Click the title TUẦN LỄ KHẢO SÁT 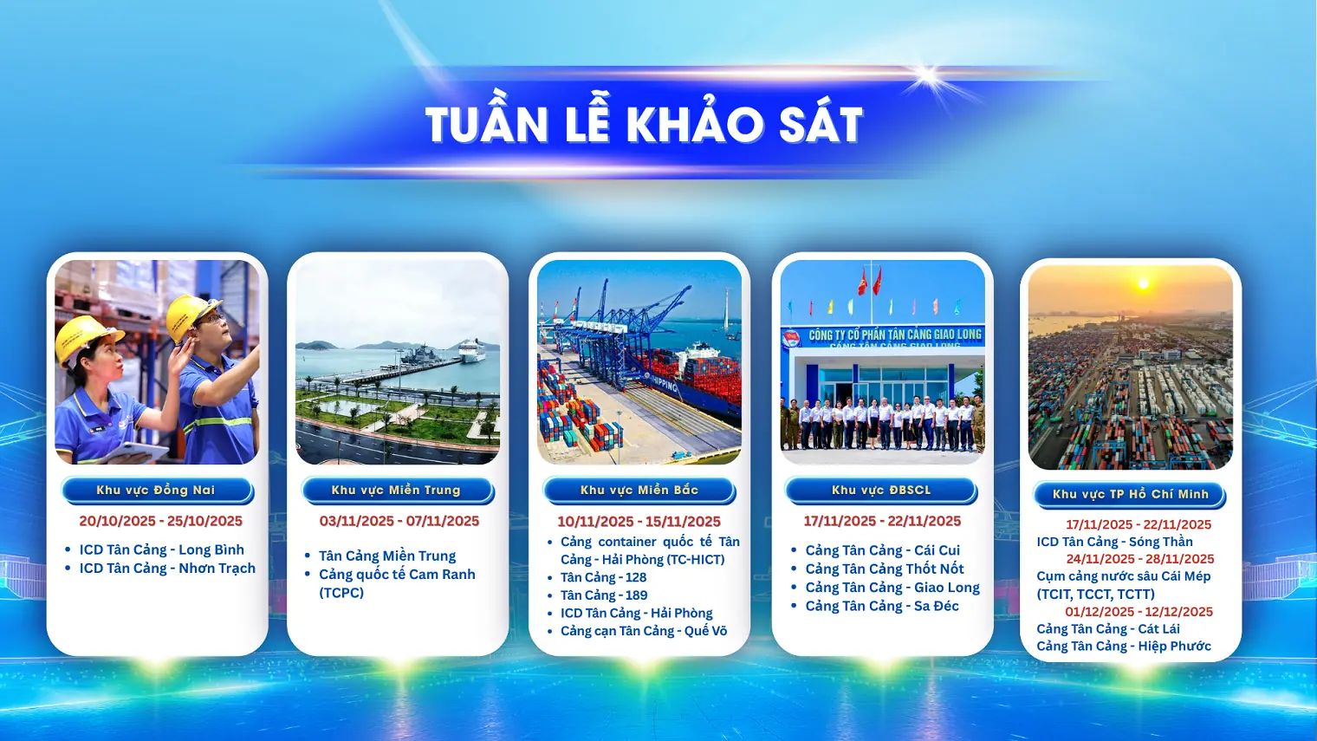tap(644, 124)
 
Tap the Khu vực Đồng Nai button tap(157, 491)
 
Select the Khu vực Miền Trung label tap(397, 491)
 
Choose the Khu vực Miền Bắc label tap(639, 491)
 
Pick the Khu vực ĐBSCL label tap(881, 491)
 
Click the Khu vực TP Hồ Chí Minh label tap(1130, 495)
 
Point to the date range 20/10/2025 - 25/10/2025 tap(160, 521)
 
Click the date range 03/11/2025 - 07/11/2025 tap(399, 521)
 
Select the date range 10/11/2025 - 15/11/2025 tap(639, 522)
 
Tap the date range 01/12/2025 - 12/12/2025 tap(1139, 612)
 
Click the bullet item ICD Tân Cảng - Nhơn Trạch tap(167, 569)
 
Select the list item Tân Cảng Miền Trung tap(387, 556)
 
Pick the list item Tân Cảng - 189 tap(604, 595)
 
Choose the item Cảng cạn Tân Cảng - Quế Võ tap(644, 631)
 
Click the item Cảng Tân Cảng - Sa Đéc tap(882, 606)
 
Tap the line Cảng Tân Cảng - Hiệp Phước tap(1124, 647)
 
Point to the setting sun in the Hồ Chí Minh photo tap(1144, 284)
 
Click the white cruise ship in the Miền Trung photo tap(472, 350)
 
